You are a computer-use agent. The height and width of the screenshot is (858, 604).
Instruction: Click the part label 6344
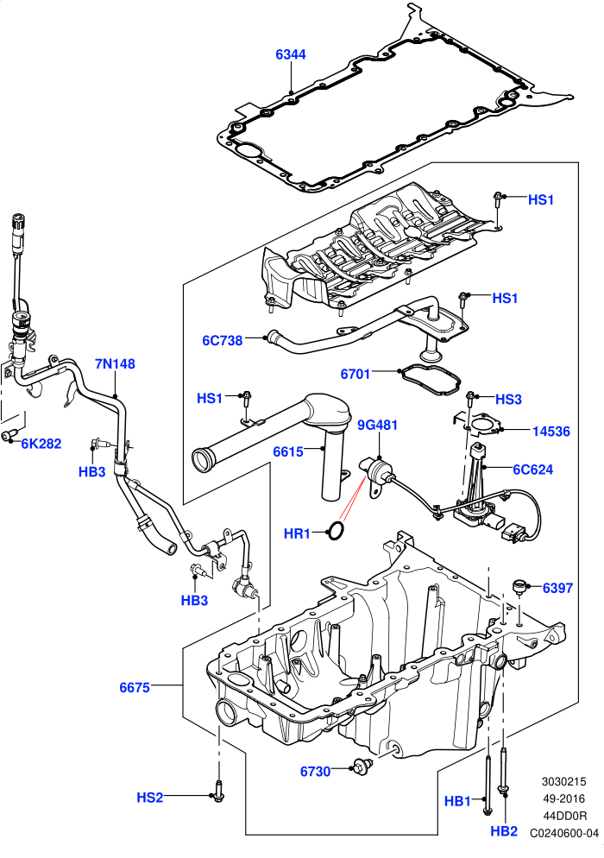point(291,54)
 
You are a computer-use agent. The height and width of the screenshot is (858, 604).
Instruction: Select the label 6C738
point(222,340)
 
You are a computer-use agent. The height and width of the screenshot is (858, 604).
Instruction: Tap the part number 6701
point(355,374)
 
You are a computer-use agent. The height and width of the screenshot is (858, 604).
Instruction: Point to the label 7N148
point(115,364)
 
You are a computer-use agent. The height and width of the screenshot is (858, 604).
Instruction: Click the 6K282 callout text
point(41,444)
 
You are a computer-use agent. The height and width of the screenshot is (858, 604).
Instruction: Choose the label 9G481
point(378,426)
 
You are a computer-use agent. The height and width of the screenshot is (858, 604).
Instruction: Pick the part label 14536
point(551,432)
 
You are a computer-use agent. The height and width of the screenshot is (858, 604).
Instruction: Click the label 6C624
point(533,470)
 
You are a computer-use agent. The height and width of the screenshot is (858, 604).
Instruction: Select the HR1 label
point(297,533)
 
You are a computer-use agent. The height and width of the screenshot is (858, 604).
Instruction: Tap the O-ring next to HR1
point(336,530)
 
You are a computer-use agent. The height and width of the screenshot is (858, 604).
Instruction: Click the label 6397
point(557,588)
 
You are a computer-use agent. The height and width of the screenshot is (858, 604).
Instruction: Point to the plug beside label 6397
point(519,587)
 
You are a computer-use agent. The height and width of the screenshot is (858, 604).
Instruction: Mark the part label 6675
point(135,687)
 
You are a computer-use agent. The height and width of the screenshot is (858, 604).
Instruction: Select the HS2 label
point(150,798)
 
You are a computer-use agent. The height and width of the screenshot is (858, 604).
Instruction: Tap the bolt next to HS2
point(218,792)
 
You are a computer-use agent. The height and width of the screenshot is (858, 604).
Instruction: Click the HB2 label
point(504,831)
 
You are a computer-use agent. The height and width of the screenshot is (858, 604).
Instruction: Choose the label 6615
point(288,452)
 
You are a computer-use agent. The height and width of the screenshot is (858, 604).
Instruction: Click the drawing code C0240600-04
point(564,833)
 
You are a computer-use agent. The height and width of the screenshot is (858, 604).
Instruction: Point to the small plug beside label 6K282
point(9,435)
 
